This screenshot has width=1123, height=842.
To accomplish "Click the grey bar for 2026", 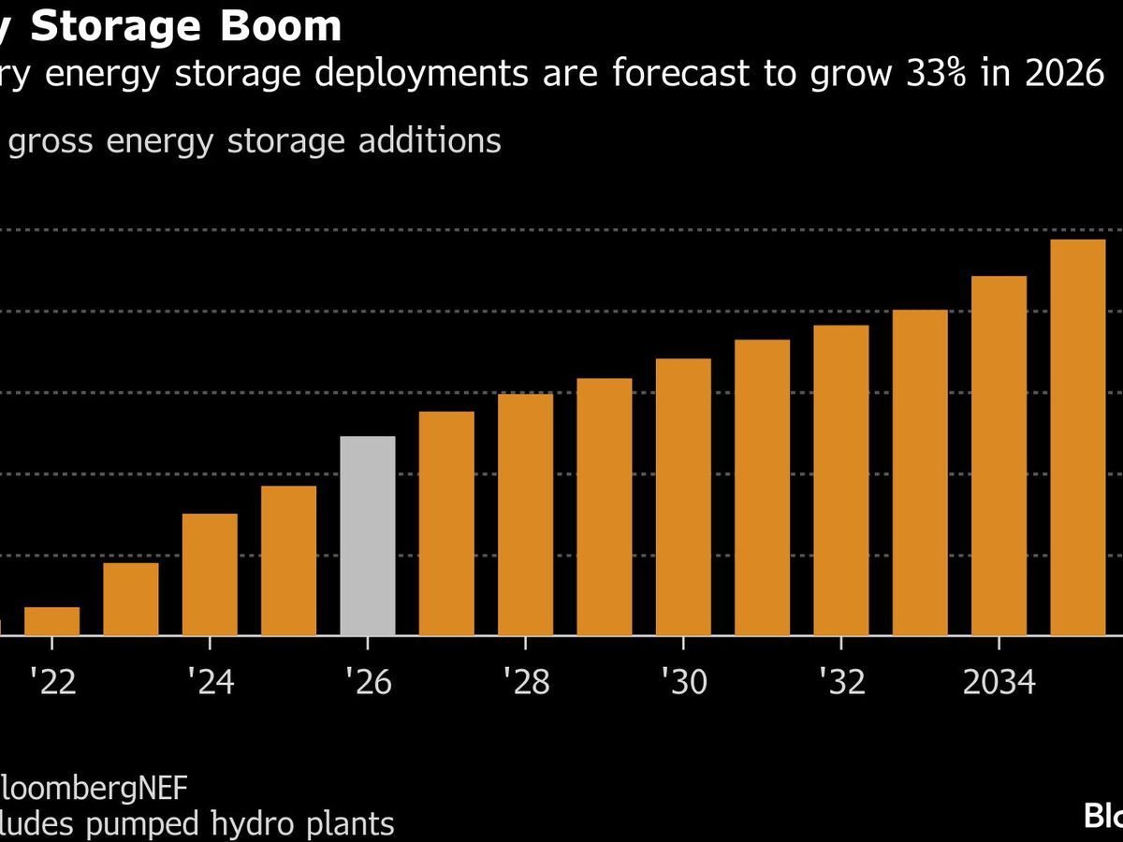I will pyautogui.click(x=368, y=535).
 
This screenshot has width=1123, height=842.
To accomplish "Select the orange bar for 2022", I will pyautogui.click(x=52, y=621).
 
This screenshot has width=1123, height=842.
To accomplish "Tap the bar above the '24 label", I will pyautogui.click(x=210, y=574).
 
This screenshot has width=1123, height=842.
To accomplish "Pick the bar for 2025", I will pyautogui.click(x=289, y=560).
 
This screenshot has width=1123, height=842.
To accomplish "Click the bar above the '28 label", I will pyautogui.click(x=526, y=515).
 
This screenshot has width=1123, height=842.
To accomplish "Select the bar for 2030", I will pyautogui.click(x=683, y=497).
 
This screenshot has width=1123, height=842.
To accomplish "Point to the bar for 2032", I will pyautogui.click(x=841, y=480).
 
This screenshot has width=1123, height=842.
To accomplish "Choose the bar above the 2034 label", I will pyautogui.click(x=999, y=456).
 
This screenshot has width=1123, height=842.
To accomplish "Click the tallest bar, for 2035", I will pyautogui.click(x=1078, y=437).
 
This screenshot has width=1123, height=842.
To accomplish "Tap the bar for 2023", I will pyautogui.click(x=131, y=599).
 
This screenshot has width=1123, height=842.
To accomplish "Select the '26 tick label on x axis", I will pyautogui.click(x=368, y=683).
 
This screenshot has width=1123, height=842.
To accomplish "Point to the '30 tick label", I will pyautogui.click(x=683, y=683).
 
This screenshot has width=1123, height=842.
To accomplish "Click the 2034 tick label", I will pyautogui.click(x=999, y=683).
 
